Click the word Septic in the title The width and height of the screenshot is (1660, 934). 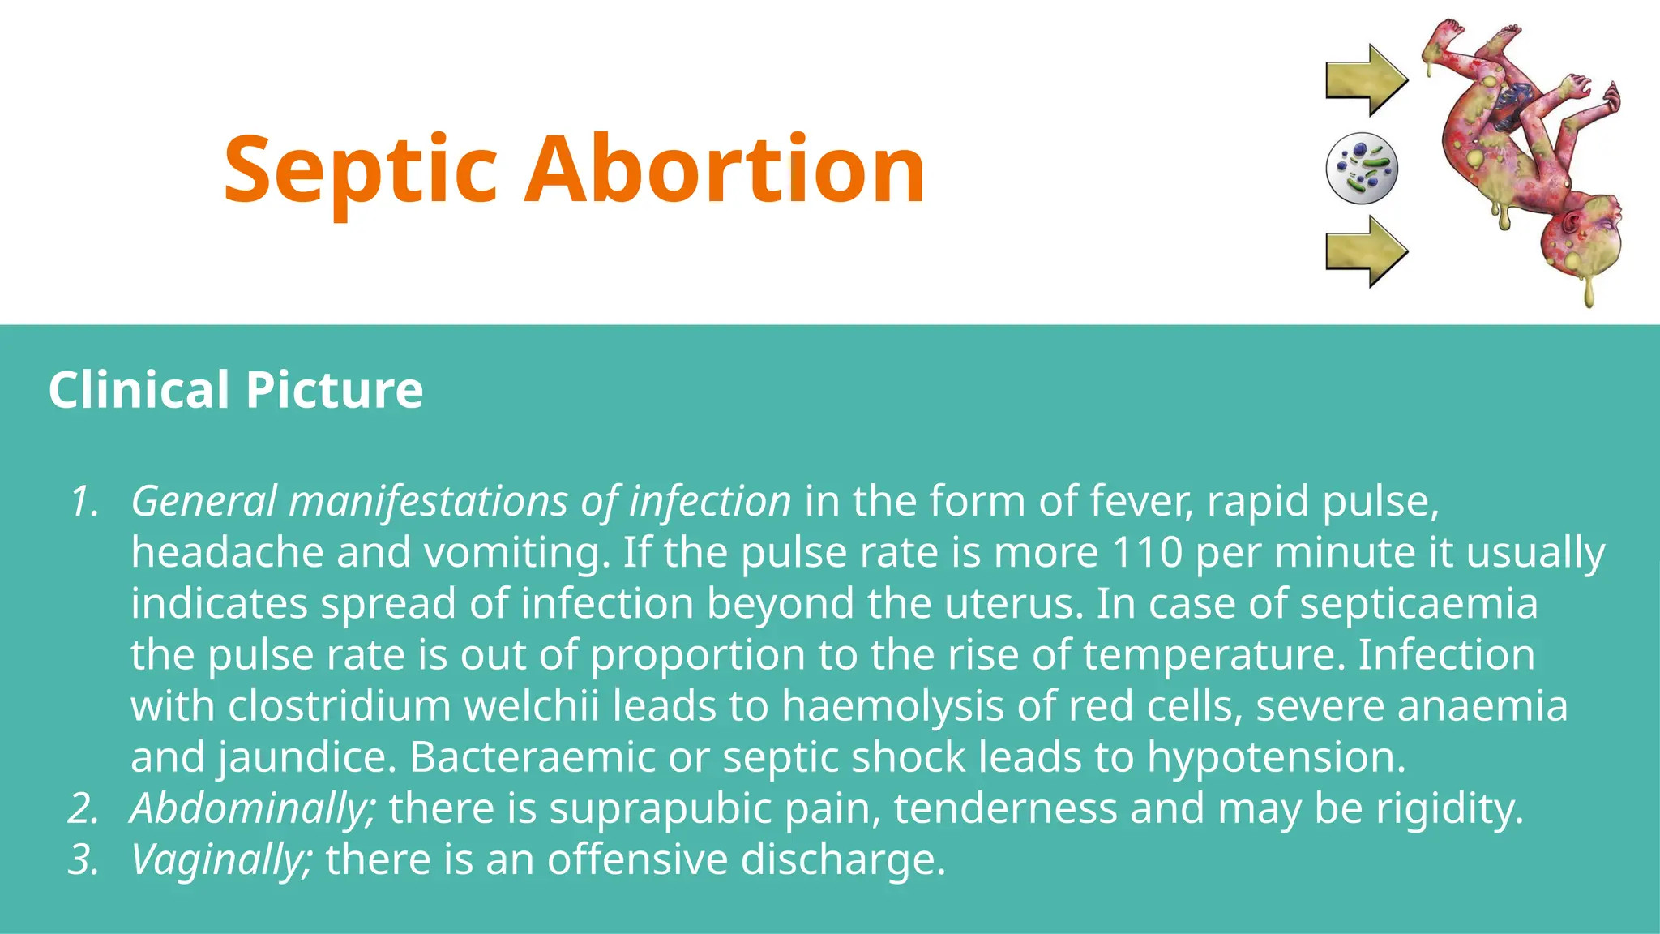click(x=360, y=170)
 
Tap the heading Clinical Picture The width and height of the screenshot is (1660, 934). click(x=235, y=389)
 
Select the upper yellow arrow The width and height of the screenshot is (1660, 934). click(x=1367, y=80)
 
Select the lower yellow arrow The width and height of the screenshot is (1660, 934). click(x=1367, y=251)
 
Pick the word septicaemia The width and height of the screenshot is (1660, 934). click(x=1418, y=604)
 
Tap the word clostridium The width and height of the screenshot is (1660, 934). click(x=339, y=706)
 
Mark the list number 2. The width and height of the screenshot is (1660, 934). click(x=83, y=809)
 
